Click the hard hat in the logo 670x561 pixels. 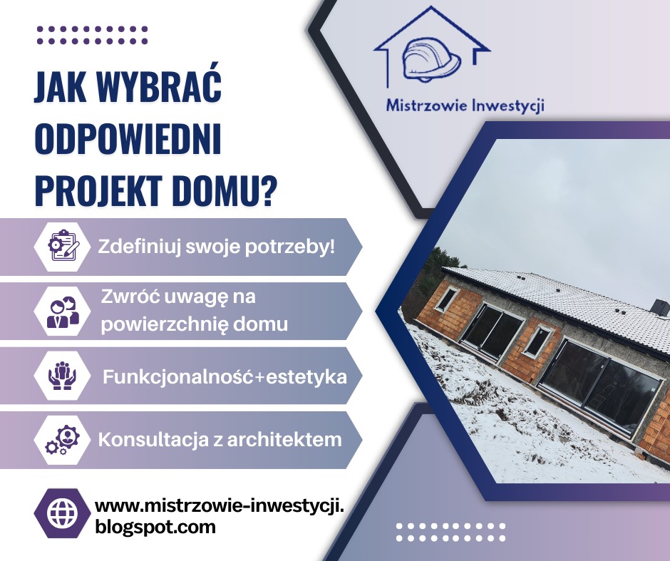431,60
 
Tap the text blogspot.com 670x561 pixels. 155,528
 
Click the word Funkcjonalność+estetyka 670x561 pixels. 225,376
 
